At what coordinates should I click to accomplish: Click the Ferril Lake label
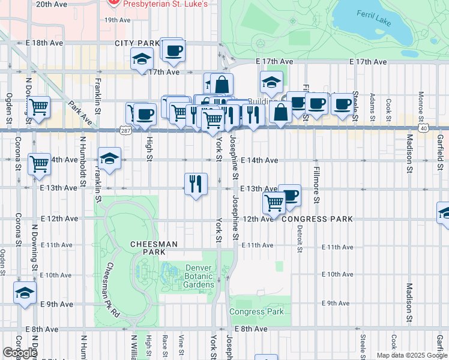pyautogui.click(x=373, y=18)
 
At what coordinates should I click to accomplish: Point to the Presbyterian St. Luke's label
pyautogui.click(x=165, y=4)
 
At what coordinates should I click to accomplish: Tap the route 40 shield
pyautogui.click(x=424, y=128)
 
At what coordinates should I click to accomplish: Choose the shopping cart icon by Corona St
pyautogui.click(x=39, y=163)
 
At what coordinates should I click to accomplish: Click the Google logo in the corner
pyautogui.click(x=20, y=353)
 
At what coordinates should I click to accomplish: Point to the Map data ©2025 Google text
pyautogui.click(x=411, y=355)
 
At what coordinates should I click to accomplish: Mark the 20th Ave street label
pyautogui.click(x=52, y=4)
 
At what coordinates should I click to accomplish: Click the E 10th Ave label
pyautogui.click(x=337, y=274)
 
